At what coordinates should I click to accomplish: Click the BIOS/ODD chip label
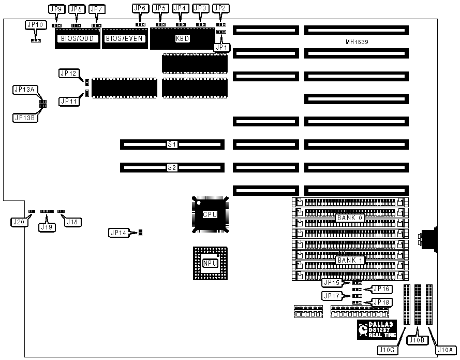coord(77,38)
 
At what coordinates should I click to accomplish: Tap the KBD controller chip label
coord(182,38)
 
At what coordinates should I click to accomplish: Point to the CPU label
coord(210,214)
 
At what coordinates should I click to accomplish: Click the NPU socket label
coord(210,263)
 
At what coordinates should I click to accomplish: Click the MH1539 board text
coord(357,41)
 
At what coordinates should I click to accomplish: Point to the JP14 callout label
coord(119,233)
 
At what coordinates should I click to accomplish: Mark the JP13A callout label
coord(24,90)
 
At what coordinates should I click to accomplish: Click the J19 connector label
coord(46,226)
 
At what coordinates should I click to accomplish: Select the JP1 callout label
coord(221,47)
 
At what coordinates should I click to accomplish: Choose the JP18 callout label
coord(381,302)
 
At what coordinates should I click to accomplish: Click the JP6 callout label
coord(140,8)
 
